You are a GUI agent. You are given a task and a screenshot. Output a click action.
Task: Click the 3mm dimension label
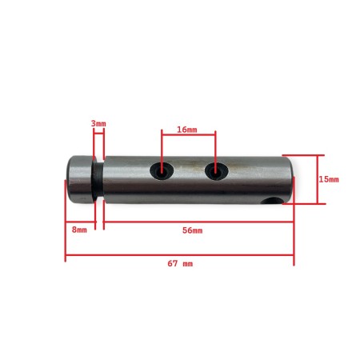[x=98, y=124]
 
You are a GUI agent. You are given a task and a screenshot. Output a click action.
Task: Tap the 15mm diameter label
[x=328, y=179]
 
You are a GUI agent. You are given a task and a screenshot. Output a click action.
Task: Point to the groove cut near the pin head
[x=99, y=179]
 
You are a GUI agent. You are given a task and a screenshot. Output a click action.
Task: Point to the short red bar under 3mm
[x=98, y=133]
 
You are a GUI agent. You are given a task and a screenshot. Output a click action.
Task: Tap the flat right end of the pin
[x=291, y=179]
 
